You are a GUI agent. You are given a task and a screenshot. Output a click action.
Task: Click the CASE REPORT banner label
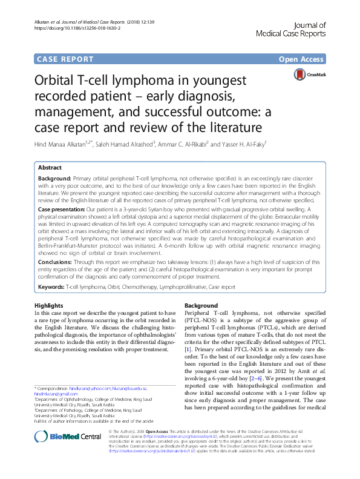pyautogui.click(x=65, y=59)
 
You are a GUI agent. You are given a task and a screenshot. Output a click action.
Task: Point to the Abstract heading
pyautogui.click(x=50, y=167)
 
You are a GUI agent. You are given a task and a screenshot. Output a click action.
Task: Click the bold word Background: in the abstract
pyautogui.click(x=56, y=180)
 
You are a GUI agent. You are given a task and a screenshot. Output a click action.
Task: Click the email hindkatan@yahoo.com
pyautogui.click(x=97, y=388)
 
